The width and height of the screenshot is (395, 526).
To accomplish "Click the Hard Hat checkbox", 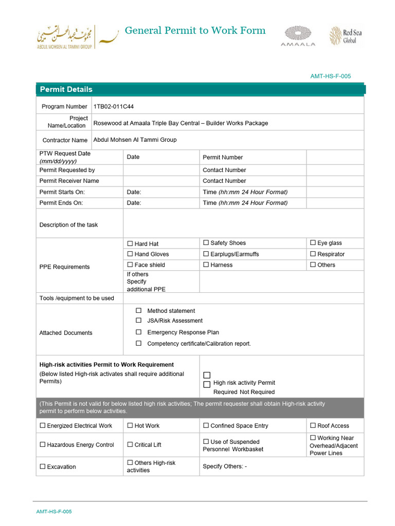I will (x=130, y=243).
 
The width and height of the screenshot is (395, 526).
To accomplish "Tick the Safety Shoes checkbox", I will (x=206, y=242).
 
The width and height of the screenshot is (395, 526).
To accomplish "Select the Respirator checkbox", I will (x=313, y=254).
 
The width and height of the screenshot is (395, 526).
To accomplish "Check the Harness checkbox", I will (x=206, y=265).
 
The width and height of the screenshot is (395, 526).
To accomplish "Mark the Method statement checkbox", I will (x=138, y=310).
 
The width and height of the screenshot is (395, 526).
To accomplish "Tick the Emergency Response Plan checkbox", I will (x=138, y=332).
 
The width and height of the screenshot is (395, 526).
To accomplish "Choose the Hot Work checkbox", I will (x=130, y=425).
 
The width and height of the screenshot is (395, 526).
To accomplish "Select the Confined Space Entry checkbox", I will (x=206, y=425).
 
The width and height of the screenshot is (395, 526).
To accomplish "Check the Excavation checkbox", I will (x=42, y=466).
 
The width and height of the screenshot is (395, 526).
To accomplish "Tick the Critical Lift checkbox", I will (x=130, y=444).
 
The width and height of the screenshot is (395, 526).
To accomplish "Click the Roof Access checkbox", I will (x=313, y=425).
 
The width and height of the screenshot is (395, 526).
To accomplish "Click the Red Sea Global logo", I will (x=346, y=36).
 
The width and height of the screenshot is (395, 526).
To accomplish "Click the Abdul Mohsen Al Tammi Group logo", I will (x=66, y=36).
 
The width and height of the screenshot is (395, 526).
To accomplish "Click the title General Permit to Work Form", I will (x=195, y=30).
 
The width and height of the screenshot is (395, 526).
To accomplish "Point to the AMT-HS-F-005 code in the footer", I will (x=54, y=512).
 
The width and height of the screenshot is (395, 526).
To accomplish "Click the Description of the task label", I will (x=68, y=224).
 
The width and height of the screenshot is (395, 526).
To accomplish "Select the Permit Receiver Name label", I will (x=69, y=181).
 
